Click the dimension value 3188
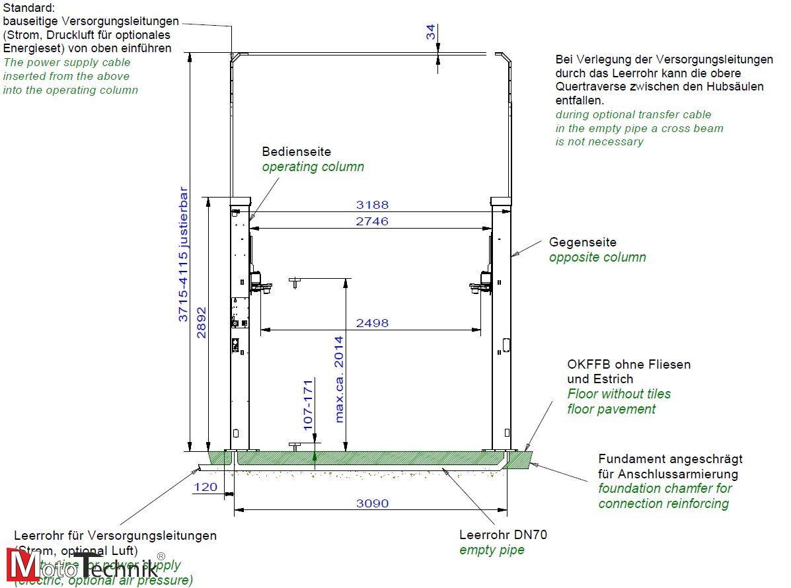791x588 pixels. [372, 205]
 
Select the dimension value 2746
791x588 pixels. [372, 221]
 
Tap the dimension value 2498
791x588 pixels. [372, 323]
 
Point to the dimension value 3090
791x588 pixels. [372, 503]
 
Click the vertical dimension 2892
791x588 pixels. [202, 322]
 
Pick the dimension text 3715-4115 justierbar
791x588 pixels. [184, 255]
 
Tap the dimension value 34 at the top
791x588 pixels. [431, 32]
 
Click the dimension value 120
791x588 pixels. [206, 488]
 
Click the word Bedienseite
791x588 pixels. [296, 152]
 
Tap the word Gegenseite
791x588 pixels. [582, 242]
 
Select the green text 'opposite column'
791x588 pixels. [597, 257]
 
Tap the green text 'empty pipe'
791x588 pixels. [492, 550]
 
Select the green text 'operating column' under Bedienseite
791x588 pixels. [313, 166]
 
